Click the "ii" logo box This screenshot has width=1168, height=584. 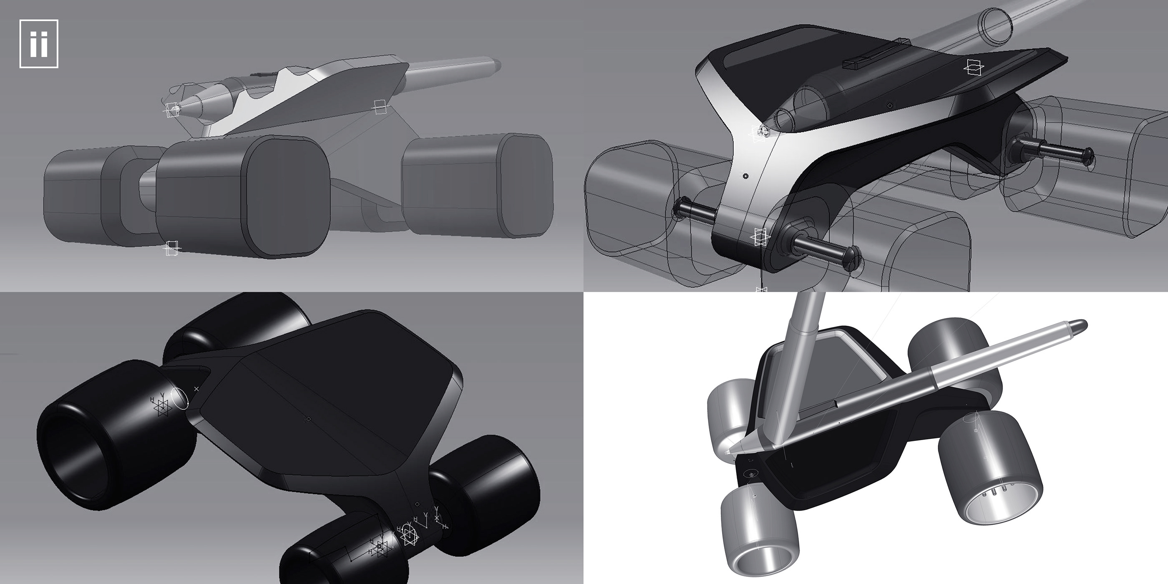[38, 44]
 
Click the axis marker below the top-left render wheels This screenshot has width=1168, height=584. [171, 248]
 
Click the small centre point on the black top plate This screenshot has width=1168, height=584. [308, 419]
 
